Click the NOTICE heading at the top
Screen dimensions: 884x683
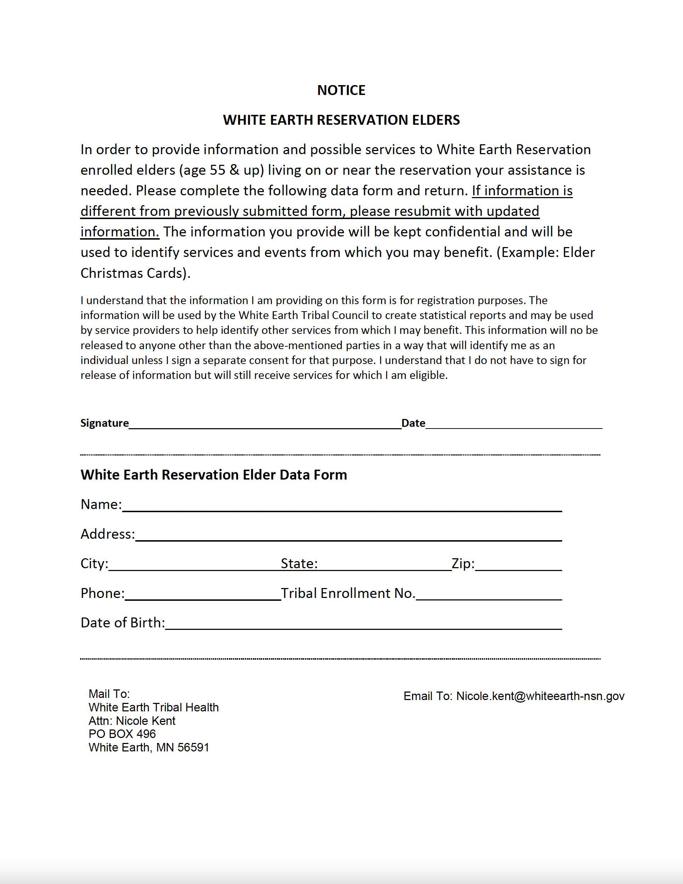coord(341,90)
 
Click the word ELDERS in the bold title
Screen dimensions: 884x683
coord(435,120)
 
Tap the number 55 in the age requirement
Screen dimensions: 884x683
coord(217,170)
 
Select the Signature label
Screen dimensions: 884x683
coord(105,423)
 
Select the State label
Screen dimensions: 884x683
coord(299,564)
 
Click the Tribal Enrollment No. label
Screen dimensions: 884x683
coord(348,593)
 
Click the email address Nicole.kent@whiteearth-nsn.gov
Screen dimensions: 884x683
coord(540,696)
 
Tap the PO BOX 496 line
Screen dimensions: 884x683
coord(122,734)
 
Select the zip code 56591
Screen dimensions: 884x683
coord(193,747)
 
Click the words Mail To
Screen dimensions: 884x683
coord(109,694)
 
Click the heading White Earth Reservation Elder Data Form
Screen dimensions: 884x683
coord(214,474)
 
